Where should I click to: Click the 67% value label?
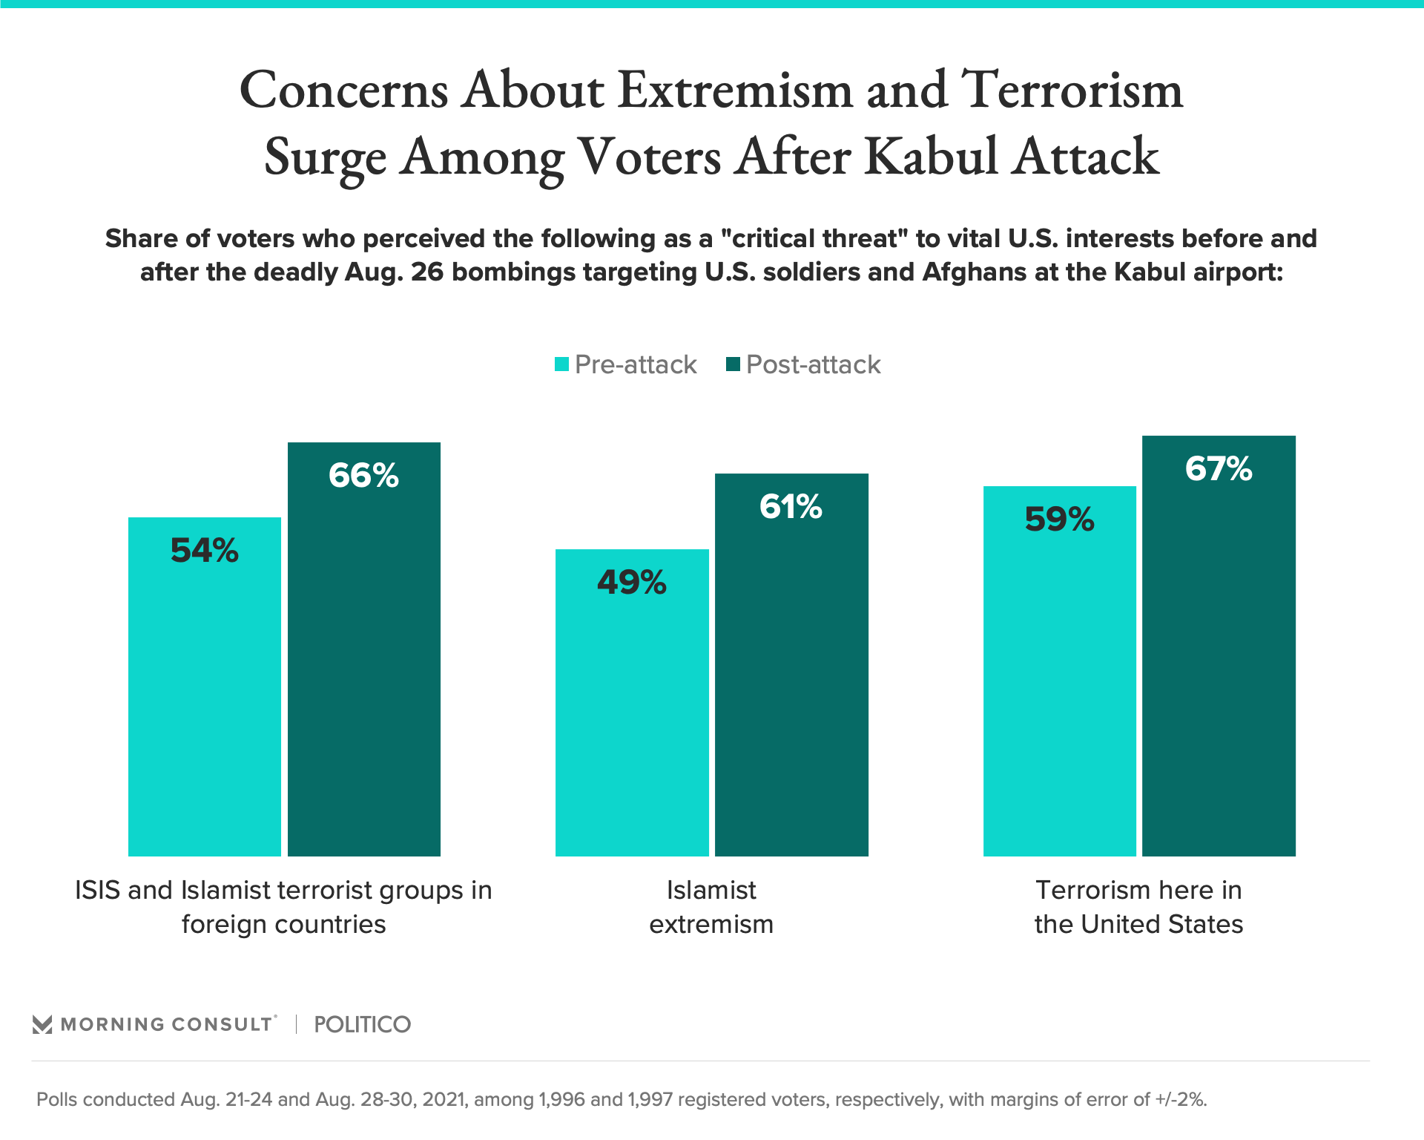click(x=1219, y=469)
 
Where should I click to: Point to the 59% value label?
click(x=1059, y=520)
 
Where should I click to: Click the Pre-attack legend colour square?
click(x=562, y=364)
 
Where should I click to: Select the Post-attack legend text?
click(x=813, y=364)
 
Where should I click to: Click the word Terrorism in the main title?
click(x=1072, y=90)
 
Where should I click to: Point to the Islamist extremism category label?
click(x=711, y=907)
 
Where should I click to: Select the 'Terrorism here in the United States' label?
click(x=1138, y=907)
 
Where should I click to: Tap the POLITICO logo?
click(x=362, y=1024)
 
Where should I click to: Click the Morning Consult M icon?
click(x=42, y=1025)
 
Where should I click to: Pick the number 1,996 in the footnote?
click(x=561, y=1099)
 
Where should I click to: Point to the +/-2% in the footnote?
click(x=1181, y=1099)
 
